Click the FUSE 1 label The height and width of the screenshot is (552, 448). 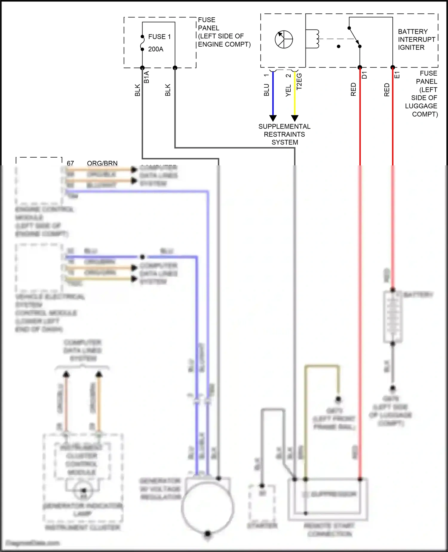(x=159, y=37)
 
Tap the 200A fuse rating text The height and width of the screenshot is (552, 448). (x=156, y=49)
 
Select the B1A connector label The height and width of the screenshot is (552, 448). (x=146, y=77)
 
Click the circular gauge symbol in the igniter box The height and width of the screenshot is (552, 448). (x=284, y=39)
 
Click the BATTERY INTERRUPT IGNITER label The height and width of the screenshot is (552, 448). (x=416, y=39)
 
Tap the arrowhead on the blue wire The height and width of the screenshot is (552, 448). (x=273, y=118)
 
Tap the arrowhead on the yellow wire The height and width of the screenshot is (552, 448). (x=295, y=118)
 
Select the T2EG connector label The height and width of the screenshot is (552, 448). (x=299, y=82)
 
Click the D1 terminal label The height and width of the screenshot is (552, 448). (x=364, y=75)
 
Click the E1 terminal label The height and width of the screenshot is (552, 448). (x=397, y=75)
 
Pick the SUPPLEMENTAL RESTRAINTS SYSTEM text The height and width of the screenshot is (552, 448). (x=284, y=134)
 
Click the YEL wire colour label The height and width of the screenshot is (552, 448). (x=288, y=90)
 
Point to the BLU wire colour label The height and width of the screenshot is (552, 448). (x=266, y=90)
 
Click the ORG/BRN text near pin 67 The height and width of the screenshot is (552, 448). (x=102, y=163)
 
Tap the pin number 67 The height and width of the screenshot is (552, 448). (x=70, y=163)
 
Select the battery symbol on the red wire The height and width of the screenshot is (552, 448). (x=393, y=317)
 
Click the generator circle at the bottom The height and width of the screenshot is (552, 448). (x=207, y=508)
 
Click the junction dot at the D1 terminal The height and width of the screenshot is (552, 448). (x=360, y=68)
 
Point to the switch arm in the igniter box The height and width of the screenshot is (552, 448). (x=354, y=37)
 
